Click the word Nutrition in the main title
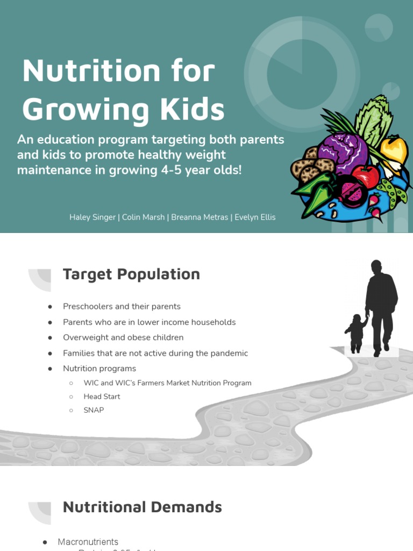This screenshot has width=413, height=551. tap(91, 71)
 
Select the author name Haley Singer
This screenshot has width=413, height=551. tap(93, 217)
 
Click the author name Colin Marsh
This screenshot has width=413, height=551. tap(143, 217)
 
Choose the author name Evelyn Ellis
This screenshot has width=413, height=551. tap(255, 217)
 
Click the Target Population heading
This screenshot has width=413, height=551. tap(131, 274)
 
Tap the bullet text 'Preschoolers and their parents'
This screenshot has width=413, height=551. tap(122, 307)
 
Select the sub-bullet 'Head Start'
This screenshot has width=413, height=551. tap(102, 397)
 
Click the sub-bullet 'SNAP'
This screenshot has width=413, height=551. tap(94, 410)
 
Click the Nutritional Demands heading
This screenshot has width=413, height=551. tap(142, 507)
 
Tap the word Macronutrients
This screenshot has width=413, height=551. tap(88, 542)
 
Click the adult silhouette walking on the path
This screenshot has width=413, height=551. tap(381, 304)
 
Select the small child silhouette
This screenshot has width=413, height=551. tap(356, 333)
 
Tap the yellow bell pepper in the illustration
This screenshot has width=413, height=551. tap(394, 151)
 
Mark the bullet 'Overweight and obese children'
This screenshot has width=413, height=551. tap(123, 338)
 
